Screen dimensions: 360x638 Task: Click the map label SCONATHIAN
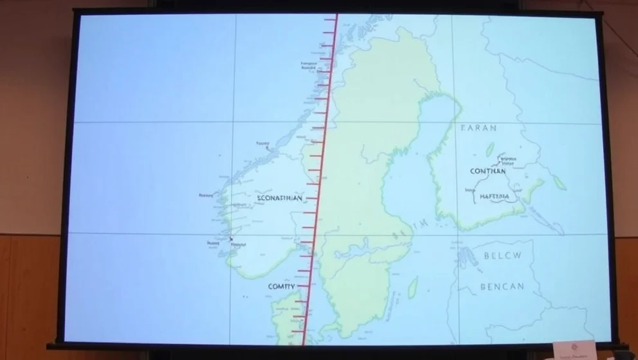(279, 199)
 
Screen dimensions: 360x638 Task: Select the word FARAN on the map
(479, 128)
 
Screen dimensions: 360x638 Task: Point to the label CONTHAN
(488, 172)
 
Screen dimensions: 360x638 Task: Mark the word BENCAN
(502, 286)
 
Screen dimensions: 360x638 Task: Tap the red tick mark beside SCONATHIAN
(311, 198)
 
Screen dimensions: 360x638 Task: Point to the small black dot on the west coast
(231, 239)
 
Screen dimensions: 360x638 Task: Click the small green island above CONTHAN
(490, 149)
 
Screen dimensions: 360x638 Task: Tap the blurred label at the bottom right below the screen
(574, 350)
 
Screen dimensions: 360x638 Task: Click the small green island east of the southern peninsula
(413, 287)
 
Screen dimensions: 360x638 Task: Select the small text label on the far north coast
(308, 65)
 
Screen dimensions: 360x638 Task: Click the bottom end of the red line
(302, 341)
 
